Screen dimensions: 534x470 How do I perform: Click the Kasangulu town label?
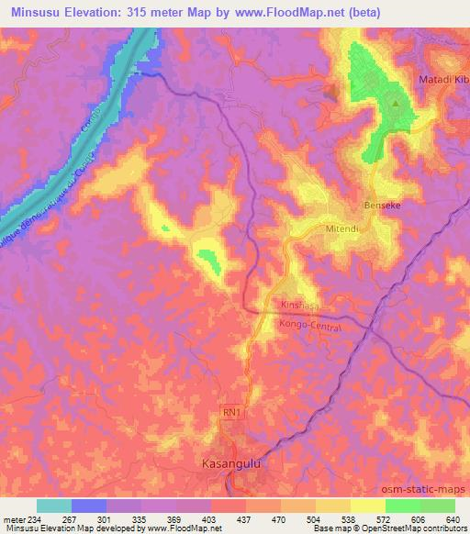point(236,465)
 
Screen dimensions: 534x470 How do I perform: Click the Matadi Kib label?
point(443,81)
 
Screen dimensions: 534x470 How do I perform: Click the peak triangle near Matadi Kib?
point(396,103)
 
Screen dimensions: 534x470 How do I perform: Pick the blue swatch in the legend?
point(89,506)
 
